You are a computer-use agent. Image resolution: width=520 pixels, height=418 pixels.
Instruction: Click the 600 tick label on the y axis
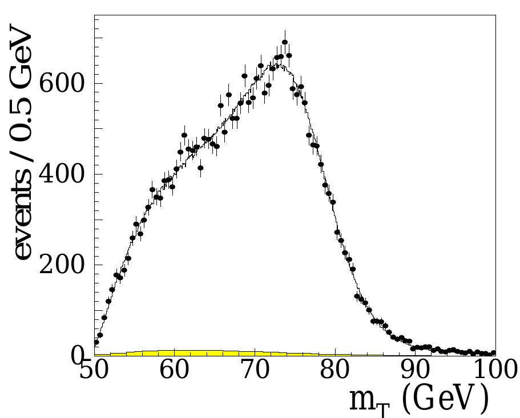(x=61, y=84)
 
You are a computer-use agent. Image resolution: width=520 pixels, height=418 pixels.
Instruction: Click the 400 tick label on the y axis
(x=61, y=175)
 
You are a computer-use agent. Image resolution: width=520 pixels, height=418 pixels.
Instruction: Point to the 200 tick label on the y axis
(x=61, y=266)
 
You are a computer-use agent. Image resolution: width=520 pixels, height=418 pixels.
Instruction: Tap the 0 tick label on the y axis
(x=78, y=356)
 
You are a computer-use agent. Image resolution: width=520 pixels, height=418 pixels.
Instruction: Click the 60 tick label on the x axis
(x=174, y=371)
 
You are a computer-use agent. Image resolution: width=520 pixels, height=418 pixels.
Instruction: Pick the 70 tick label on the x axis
(x=255, y=371)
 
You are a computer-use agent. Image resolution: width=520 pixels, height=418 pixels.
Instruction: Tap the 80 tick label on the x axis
(x=335, y=371)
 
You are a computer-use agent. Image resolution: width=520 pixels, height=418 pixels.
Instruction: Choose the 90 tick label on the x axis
(x=415, y=371)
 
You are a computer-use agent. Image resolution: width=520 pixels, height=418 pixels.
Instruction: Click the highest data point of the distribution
(x=285, y=42)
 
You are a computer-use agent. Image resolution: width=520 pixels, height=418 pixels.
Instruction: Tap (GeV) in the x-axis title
(x=445, y=399)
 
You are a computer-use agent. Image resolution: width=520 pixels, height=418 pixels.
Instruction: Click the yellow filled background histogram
(x=183, y=353)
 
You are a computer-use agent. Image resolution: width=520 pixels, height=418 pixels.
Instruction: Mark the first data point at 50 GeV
(x=96, y=343)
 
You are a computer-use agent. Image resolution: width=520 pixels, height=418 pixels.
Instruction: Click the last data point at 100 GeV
(x=494, y=353)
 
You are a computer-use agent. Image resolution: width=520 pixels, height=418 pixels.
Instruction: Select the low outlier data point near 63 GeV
(x=200, y=168)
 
